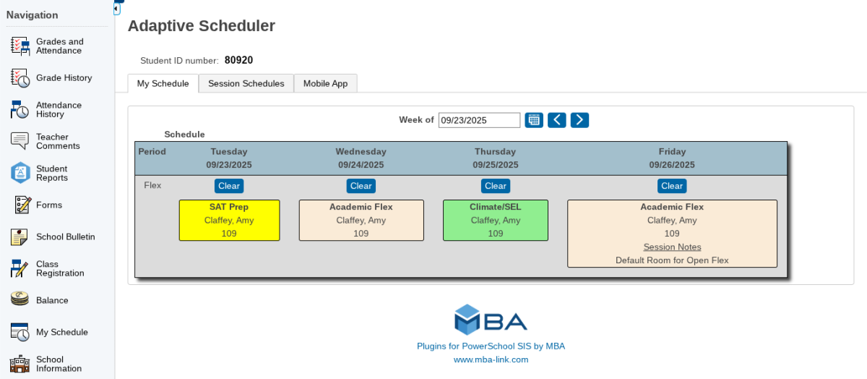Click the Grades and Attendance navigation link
coord(59,46)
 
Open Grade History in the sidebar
coord(64,78)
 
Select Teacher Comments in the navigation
coord(58,142)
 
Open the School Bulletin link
coord(65,237)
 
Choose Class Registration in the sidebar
coord(60,269)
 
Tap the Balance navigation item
coord(52,301)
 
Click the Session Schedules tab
coord(246,84)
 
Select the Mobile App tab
coord(325,84)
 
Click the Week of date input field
coord(479,120)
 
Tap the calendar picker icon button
coord(534,120)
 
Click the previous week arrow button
coord(556,120)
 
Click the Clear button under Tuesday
coord(229,186)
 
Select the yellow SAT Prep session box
coord(229,220)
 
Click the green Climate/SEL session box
coord(495,220)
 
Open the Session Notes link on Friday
coord(672,247)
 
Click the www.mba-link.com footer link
coord(491,359)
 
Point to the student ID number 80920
coord(238,61)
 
